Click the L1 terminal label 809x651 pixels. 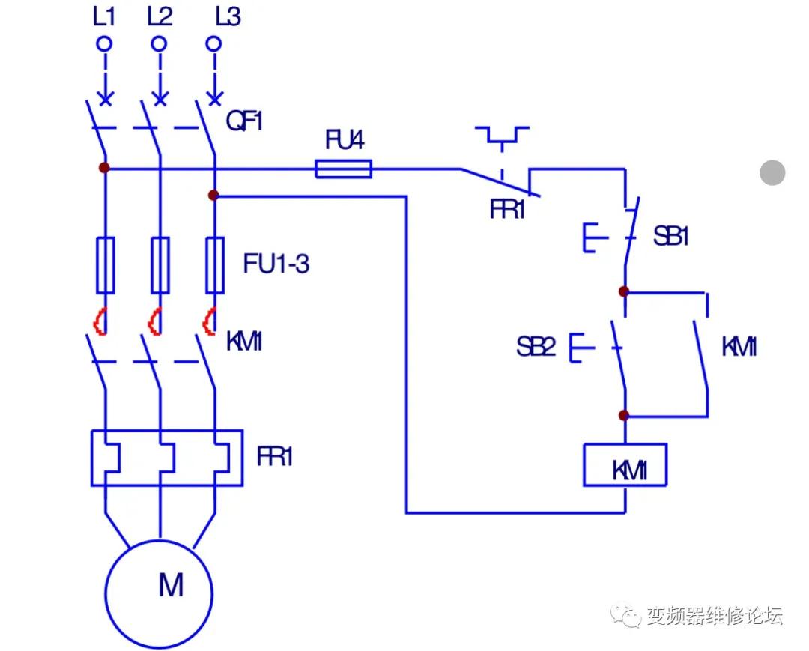click(x=105, y=16)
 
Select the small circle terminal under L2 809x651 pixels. click(x=159, y=43)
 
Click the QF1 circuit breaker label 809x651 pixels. click(x=245, y=121)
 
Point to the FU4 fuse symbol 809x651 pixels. click(x=343, y=169)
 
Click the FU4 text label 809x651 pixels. click(x=344, y=140)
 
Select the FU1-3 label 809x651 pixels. click(x=276, y=264)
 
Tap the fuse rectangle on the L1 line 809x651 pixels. click(x=105, y=264)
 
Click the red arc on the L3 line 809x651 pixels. click(x=209, y=321)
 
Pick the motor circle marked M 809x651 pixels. click(x=159, y=593)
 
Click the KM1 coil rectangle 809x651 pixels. click(x=625, y=465)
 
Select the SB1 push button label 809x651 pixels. click(x=670, y=237)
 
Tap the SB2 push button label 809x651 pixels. click(x=536, y=347)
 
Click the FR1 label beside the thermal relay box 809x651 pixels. click(x=274, y=457)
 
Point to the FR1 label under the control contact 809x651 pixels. click(x=507, y=210)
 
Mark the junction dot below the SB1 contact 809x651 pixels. click(x=624, y=291)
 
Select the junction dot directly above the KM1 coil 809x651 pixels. click(x=624, y=415)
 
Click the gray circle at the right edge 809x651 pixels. click(x=772, y=172)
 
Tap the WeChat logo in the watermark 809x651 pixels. click(x=625, y=616)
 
